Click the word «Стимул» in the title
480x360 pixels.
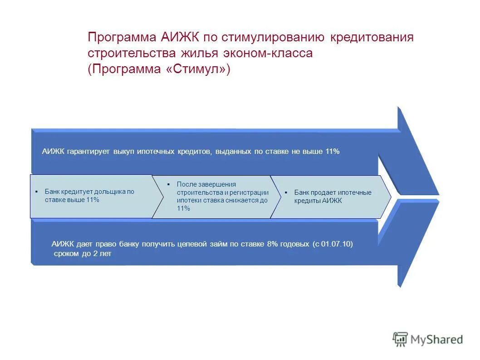(x=197, y=69)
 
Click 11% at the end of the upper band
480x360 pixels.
(x=332, y=152)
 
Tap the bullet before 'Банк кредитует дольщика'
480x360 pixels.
(x=36, y=192)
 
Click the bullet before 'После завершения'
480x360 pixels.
(x=168, y=184)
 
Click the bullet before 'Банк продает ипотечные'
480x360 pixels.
(x=286, y=192)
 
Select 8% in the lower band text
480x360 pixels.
(x=272, y=244)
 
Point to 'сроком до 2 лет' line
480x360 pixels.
(x=82, y=254)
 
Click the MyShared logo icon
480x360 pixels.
(x=400, y=339)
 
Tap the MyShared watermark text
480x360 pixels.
(x=436, y=339)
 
